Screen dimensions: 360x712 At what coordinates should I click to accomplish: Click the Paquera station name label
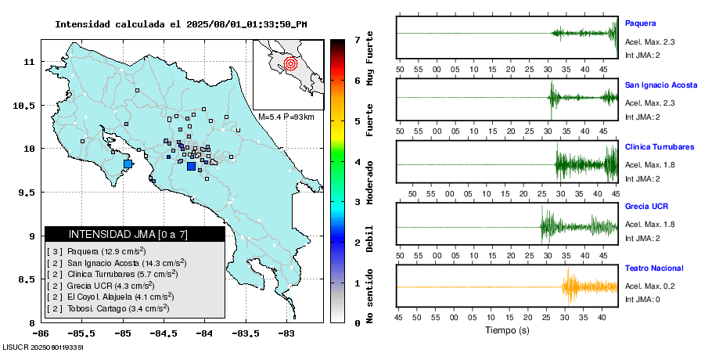[x=640, y=23]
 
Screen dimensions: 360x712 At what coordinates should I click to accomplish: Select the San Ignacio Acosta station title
[x=660, y=85]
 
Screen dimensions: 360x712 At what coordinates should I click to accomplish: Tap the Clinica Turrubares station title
[x=659, y=146]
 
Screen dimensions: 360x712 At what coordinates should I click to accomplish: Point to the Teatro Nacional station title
[x=653, y=268]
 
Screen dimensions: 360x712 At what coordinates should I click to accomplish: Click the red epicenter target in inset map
[x=290, y=63]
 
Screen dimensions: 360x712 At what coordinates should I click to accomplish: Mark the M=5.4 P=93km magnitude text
[x=286, y=117]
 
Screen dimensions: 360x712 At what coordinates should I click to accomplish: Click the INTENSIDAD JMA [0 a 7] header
[x=135, y=234]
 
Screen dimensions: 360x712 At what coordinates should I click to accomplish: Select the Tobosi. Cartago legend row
[x=109, y=309]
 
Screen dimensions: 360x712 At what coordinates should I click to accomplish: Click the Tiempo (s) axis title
[x=506, y=330]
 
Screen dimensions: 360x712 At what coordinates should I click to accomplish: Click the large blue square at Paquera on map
[x=129, y=164]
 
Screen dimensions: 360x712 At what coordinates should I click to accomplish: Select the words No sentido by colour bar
[x=370, y=301]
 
